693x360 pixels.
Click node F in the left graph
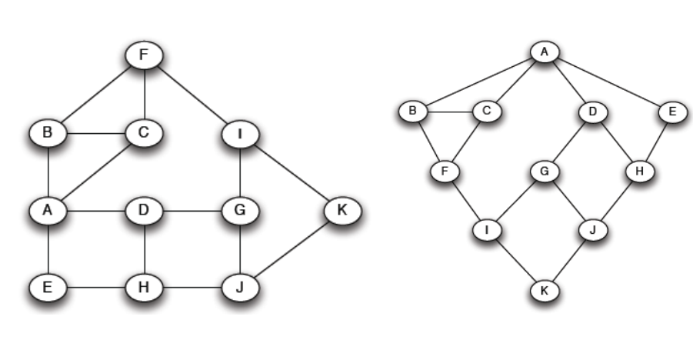145,55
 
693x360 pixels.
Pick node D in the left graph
145,209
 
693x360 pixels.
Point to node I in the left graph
240,135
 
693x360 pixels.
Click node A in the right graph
545,52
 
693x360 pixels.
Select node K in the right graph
545,292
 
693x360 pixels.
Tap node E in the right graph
672,112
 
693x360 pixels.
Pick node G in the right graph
545,172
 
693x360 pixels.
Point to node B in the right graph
413,112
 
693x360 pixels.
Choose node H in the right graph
638,172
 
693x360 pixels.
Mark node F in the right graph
444,172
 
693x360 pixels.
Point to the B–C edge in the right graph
451,112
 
